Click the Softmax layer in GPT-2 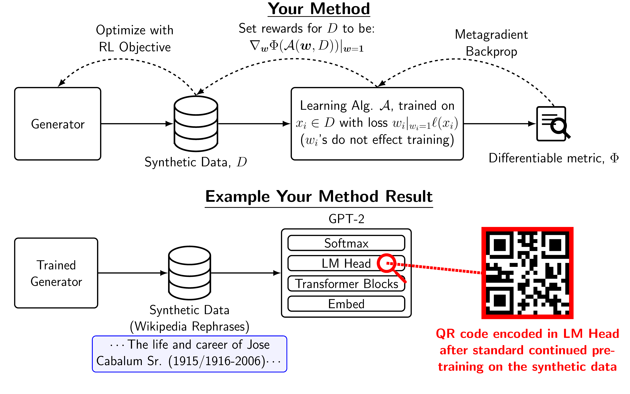click(346, 243)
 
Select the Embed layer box click(346, 304)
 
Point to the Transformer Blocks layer click(346, 284)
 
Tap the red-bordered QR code click(527, 273)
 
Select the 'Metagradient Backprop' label click(491, 43)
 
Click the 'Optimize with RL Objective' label click(135, 39)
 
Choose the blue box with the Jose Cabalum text click(189, 354)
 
